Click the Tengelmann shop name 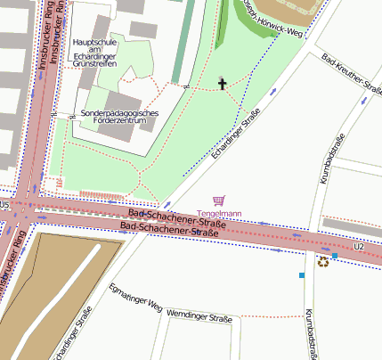[219, 214]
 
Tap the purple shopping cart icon [219, 201]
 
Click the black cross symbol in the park [222, 84]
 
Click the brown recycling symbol [322, 262]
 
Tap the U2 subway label [359, 245]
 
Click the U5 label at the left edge [4, 204]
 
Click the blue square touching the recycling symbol [335, 256]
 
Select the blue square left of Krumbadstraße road [302, 275]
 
